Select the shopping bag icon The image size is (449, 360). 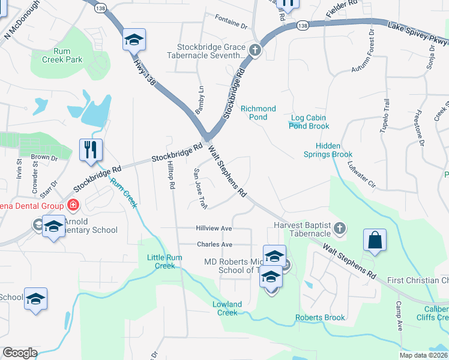pos(375,240)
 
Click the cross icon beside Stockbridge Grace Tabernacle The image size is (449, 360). pos(255,50)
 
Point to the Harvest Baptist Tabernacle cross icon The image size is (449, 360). pos(340,228)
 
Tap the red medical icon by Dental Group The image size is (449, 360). pos(73,206)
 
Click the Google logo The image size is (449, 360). pos(20,353)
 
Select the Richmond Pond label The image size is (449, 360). pos(258,113)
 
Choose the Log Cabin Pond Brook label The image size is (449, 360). pos(309,122)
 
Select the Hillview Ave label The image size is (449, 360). pos(214,229)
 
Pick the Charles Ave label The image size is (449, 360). pos(215,245)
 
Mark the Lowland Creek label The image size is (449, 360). pos(228,308)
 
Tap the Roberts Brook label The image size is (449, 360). pos(319,317)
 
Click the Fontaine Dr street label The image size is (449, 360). pos(231,26)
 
